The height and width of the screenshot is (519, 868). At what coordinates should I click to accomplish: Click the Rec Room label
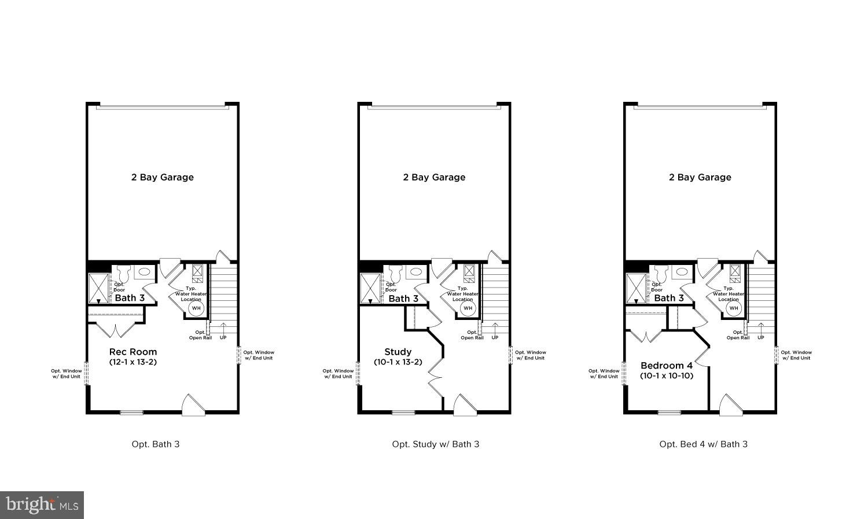coord(133,352)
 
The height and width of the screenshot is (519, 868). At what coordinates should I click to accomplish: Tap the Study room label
coord(398,352)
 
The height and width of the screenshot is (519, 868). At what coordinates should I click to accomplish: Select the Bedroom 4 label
coord(666,366)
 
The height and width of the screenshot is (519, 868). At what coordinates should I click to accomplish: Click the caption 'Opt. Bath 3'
coord(156,444)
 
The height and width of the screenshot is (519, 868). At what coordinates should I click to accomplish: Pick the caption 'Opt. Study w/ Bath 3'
coord(435,444)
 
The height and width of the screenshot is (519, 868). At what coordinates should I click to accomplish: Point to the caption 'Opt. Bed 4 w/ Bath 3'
coord(703,444)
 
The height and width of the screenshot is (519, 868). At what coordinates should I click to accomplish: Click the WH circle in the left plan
coord(196,308)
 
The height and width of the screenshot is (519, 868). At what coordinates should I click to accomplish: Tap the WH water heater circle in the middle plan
coord(468,308)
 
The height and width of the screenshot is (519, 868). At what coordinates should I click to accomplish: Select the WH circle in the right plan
coord(734,308)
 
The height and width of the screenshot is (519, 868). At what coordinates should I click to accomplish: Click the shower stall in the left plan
coord(98,288)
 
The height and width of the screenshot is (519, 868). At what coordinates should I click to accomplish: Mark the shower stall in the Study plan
coord(370,288)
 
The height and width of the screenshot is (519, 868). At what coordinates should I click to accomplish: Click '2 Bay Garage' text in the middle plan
coord(434,178)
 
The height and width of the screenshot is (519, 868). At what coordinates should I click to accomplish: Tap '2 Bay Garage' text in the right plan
coord(700,178)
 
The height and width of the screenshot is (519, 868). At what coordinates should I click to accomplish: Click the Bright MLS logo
coord(42,505)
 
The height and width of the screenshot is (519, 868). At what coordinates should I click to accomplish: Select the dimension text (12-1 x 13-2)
coord(133,362)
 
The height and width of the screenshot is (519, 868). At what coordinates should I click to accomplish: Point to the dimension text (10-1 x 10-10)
coord(666,376)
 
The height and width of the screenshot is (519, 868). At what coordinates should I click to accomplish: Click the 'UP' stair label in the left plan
coord(223,337)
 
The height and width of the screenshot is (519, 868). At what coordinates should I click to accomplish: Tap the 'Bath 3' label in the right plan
coord(669,298)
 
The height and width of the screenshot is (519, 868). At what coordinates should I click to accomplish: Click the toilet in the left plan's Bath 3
coord(122,273)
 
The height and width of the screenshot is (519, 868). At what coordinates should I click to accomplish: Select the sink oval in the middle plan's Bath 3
coord(415,271)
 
